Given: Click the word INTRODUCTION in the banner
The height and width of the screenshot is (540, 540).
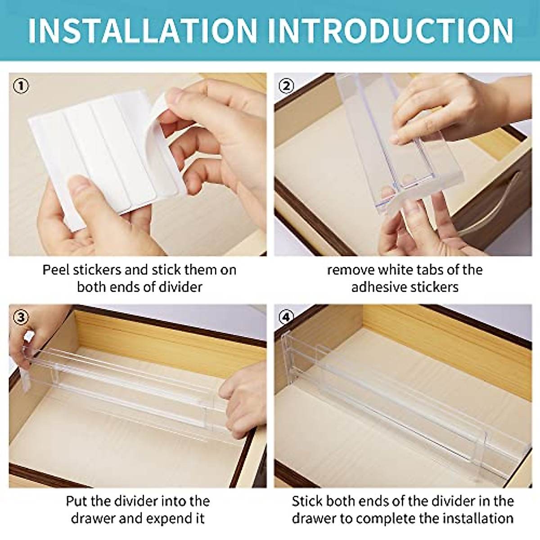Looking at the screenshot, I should coord(392,31).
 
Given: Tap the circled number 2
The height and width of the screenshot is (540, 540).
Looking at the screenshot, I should coord(287,85).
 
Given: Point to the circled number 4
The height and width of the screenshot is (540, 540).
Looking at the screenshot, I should coord(287,317).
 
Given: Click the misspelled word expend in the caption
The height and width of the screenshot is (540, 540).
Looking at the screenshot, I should coord(160,518).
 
